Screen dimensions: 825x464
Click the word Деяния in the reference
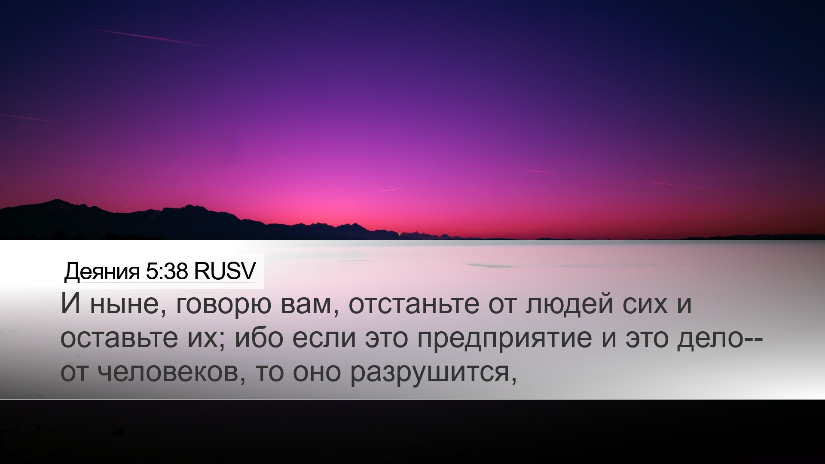coord(102,272)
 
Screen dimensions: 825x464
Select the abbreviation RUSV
coord(225,271)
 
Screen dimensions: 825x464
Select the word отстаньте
coord(413,305)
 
